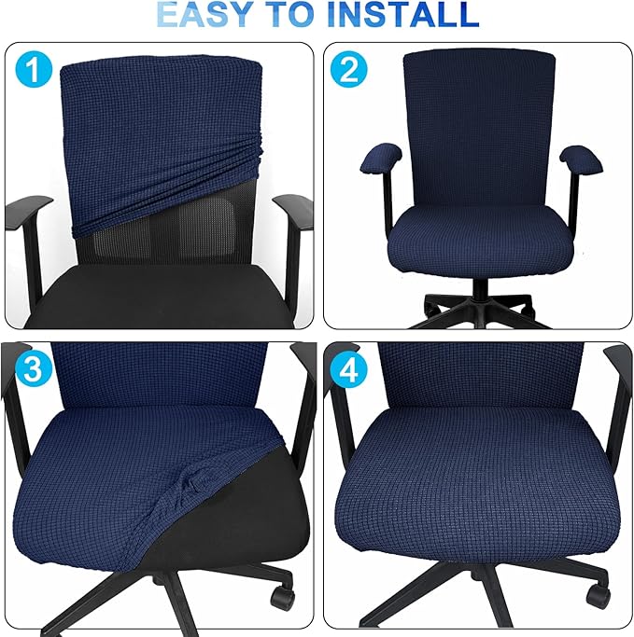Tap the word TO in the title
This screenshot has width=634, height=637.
(x=300, y=15)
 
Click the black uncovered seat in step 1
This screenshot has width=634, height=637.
(x=159, y=294)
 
